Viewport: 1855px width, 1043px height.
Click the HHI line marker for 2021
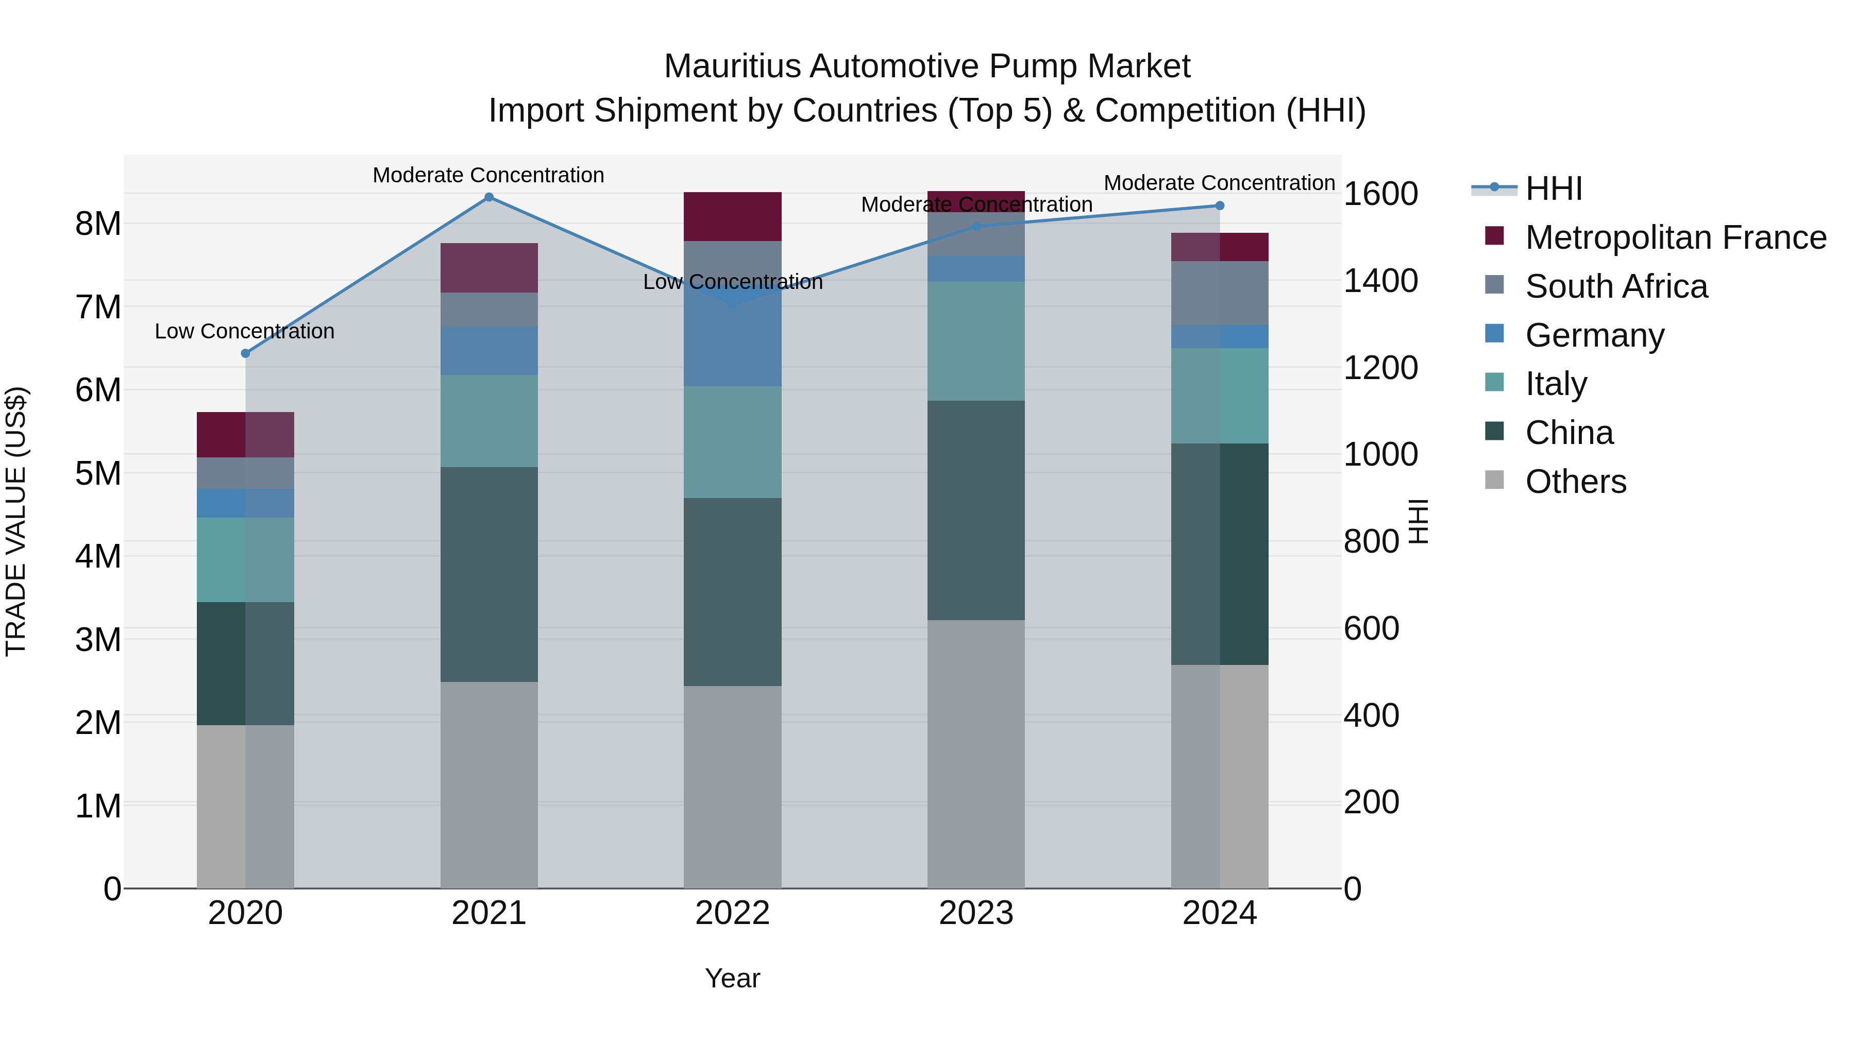489,197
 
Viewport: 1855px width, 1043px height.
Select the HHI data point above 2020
246,353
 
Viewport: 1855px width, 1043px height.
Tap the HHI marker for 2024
1220,206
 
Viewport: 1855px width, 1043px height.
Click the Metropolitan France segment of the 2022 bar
732,217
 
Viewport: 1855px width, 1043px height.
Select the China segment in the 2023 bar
976,510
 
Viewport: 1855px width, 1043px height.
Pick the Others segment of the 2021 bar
489,784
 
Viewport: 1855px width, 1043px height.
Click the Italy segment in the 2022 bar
732,442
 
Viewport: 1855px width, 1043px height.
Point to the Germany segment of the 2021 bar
489,351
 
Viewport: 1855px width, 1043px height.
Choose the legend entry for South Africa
1616,286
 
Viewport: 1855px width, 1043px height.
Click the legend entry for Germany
1594,335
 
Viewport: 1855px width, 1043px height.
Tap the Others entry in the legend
1576,482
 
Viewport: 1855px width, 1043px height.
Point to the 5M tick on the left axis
98,474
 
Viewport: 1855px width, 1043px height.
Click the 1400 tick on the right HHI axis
1380,281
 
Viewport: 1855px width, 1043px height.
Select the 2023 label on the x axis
976,913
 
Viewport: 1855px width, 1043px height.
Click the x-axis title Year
732,978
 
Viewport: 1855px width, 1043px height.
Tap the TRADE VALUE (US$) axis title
16,521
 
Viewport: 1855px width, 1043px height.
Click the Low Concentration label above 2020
245,331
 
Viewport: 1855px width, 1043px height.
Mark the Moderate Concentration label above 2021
488,175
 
